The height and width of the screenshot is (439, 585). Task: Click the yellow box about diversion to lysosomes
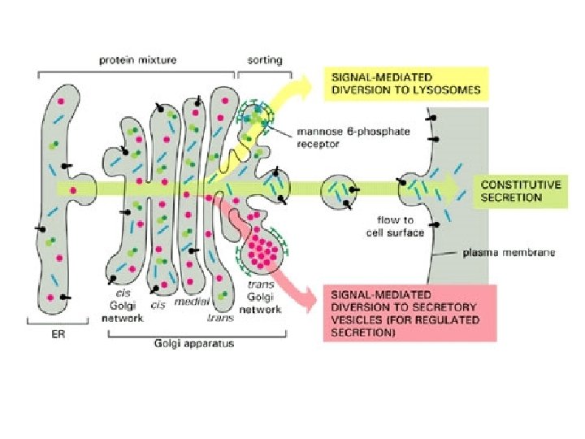pyautogui.click(x=405, y=82)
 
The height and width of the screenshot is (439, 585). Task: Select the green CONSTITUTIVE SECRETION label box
pyautogui.click(x=519, y=191)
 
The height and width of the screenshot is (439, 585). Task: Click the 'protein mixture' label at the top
pyautogui.click(x=137, y=59)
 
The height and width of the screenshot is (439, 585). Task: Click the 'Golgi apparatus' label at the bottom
pyautogui.click(x=194, y=343)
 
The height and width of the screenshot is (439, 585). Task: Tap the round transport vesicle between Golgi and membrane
pyautogui.click(x=340, y=193)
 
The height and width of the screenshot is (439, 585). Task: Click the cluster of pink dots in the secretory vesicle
pyautogui.click(x=262, y=247)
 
